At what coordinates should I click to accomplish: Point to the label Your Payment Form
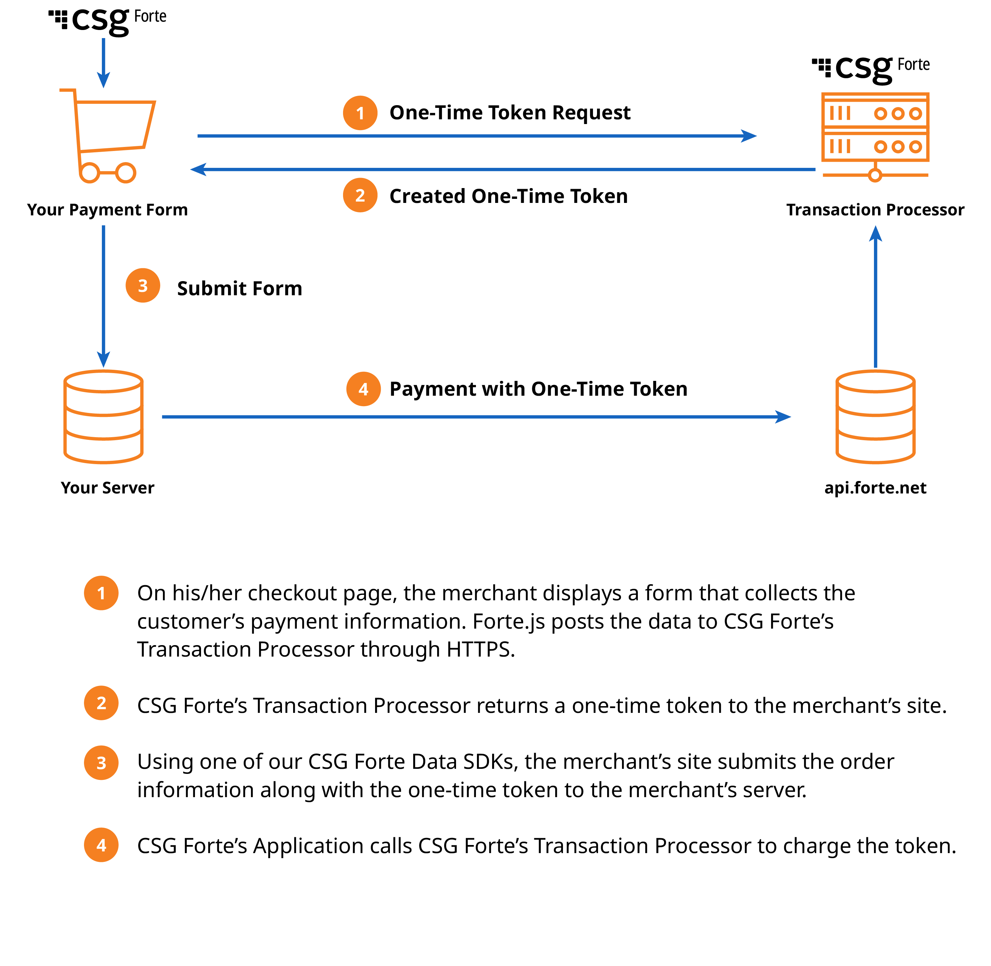tap(107, 210)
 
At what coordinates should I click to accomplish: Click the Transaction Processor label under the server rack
tap(875, 210)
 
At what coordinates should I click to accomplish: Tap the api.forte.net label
tap(875, 488)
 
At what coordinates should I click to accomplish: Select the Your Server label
tap(107, 488)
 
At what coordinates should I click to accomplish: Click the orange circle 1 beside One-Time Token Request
tap(360, 113)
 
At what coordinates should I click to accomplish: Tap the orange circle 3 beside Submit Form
tap(143, 285)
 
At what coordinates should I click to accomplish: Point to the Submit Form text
tap(239, 288)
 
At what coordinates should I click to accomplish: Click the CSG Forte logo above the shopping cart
tap(108, 20)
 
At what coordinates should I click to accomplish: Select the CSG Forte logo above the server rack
tap(871, 68)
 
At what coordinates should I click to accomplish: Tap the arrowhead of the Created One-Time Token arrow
tap(199, 170)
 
